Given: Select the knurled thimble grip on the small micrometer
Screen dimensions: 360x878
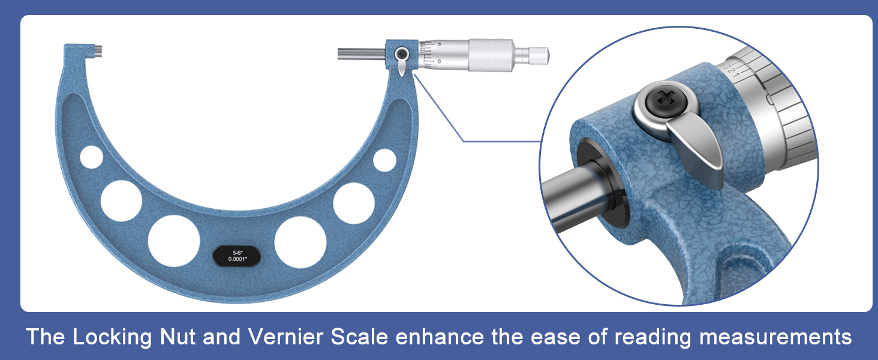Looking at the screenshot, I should (x=490, y=55).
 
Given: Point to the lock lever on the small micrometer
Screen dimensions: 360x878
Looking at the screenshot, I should (x=401, y=65).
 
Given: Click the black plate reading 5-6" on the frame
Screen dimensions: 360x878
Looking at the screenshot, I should (x=237, y=256).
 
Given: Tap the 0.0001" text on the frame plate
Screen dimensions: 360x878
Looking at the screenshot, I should (x=237, y=260).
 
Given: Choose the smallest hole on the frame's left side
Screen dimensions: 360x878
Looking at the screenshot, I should (x=92, y=157).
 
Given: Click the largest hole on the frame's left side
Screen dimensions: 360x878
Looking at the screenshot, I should (x=174, y=241).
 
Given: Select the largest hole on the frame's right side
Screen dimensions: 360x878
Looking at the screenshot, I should (x=300, y=241).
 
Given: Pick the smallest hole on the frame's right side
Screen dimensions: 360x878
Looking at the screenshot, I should (x=384, y=160).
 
